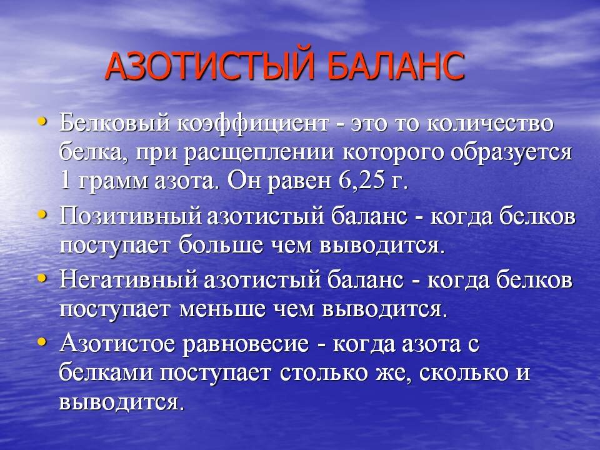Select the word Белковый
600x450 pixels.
(114, 124)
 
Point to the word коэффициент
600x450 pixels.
(253, 124)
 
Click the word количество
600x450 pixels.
(490, 124)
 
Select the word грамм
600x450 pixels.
(113, 182)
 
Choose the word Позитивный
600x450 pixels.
(130, 216)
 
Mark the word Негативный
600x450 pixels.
(129, 280)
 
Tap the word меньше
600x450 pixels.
(222, 309)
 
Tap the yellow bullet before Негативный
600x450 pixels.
(42, 277)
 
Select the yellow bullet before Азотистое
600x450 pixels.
(42, 341)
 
